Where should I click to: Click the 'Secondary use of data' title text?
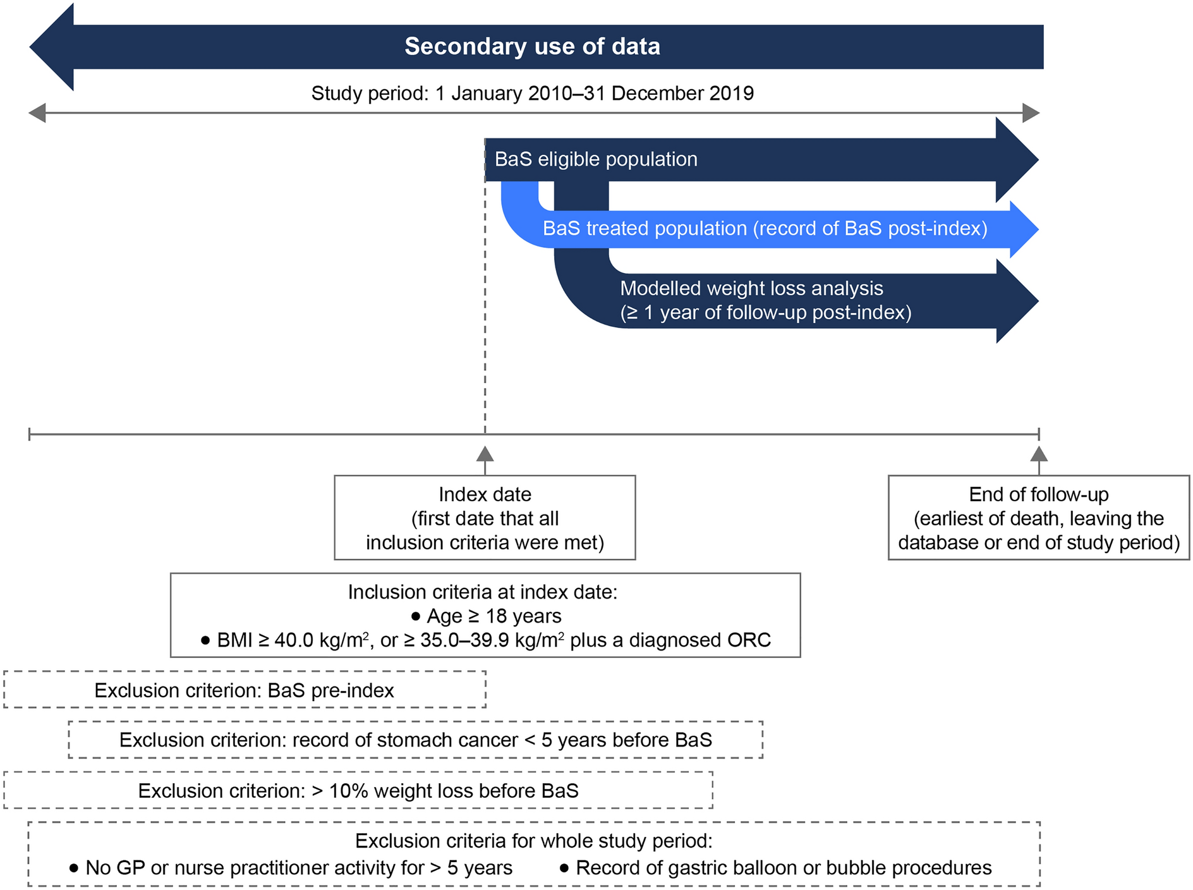(532, 47)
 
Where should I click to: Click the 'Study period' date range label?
(532, 94)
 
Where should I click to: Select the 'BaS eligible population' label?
(596, 159)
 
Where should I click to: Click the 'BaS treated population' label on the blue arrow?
(765, 228)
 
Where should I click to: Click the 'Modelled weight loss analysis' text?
(751, 289)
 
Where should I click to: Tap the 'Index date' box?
(485, 518)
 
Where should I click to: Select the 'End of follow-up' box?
(1038, 518)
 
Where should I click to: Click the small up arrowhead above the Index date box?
(485, 453)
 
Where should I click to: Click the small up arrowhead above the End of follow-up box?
(1039, 453)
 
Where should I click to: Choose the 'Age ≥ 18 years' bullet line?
(486, 616)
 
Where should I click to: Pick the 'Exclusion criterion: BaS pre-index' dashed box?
(245, 690)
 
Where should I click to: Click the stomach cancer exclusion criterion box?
(415, 740)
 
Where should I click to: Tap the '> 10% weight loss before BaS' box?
(358, 791)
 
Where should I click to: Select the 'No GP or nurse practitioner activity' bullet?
(291, 868)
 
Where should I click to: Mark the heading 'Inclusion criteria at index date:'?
(483, 592)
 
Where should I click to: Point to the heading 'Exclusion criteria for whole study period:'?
(533, 841)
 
